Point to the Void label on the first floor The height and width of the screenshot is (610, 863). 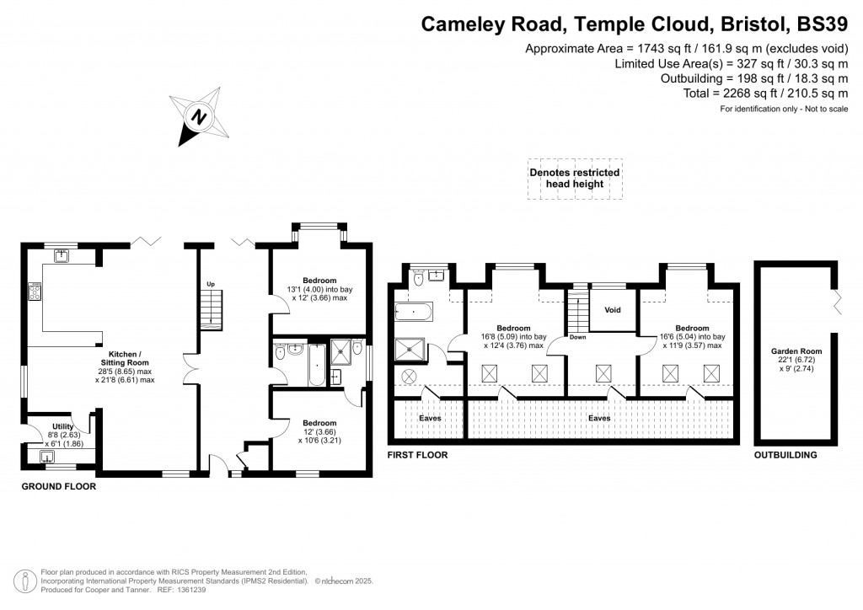(613, 309)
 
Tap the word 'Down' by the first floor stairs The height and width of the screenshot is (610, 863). (577, 337)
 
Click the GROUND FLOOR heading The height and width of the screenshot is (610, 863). (58, 487)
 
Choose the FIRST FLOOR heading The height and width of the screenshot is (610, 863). (417, 455)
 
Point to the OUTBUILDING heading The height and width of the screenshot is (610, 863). (785, 455)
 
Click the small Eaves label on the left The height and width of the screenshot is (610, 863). (430, 417)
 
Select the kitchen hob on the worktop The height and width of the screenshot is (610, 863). (35, 293)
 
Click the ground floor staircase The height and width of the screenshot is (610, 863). (212, 308)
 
